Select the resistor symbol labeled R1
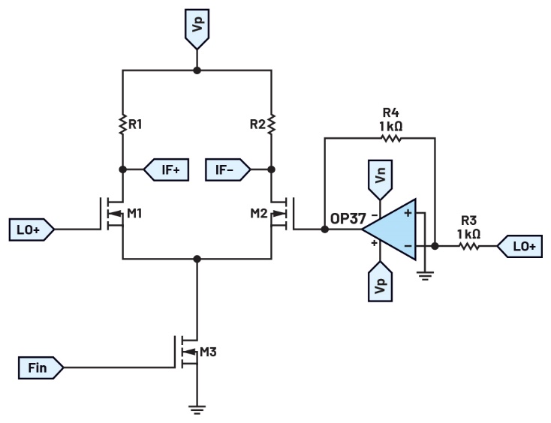pos(122,123)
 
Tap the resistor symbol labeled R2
pos(272,123)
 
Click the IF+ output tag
pos(165,169)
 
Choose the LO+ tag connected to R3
pos(519,245)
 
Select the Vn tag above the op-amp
pos(381,178)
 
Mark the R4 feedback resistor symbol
pos(390,139)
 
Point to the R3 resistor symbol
pos(469,245)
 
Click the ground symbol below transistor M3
pos(197,409)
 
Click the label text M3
pos(209,351)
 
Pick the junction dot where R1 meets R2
pos(197,70)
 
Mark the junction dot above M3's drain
pos(197,259)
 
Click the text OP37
pos(348,220)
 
